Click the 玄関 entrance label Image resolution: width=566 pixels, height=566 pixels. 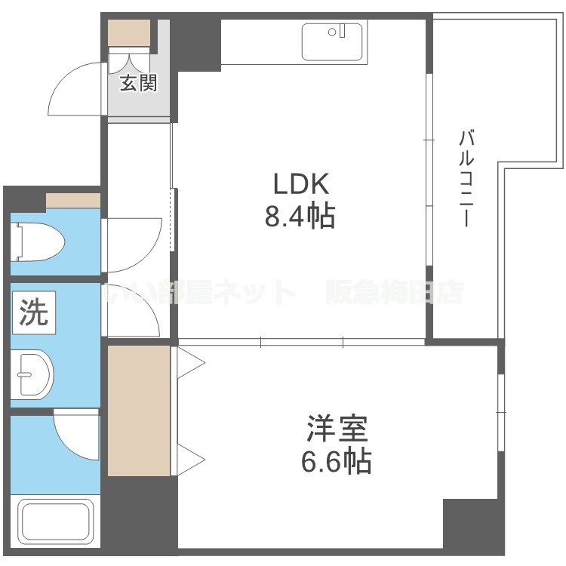click(138, 84)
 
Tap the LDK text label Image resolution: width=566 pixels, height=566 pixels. click(300, 184)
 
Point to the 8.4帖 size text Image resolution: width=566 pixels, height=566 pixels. click(300, 217)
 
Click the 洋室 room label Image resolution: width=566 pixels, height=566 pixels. click(337, 429)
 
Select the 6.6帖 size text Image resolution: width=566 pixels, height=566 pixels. click(337, 460)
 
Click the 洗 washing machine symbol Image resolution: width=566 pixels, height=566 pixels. click(33, 313)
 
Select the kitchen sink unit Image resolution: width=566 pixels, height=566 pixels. click(331, 41)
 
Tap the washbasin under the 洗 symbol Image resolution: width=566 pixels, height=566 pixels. click(35, 372)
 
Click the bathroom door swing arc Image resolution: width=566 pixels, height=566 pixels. click(75, 438)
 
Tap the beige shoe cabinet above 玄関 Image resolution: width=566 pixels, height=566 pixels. click(129, 33)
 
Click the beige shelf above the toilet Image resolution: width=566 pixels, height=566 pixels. click(73, 200)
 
